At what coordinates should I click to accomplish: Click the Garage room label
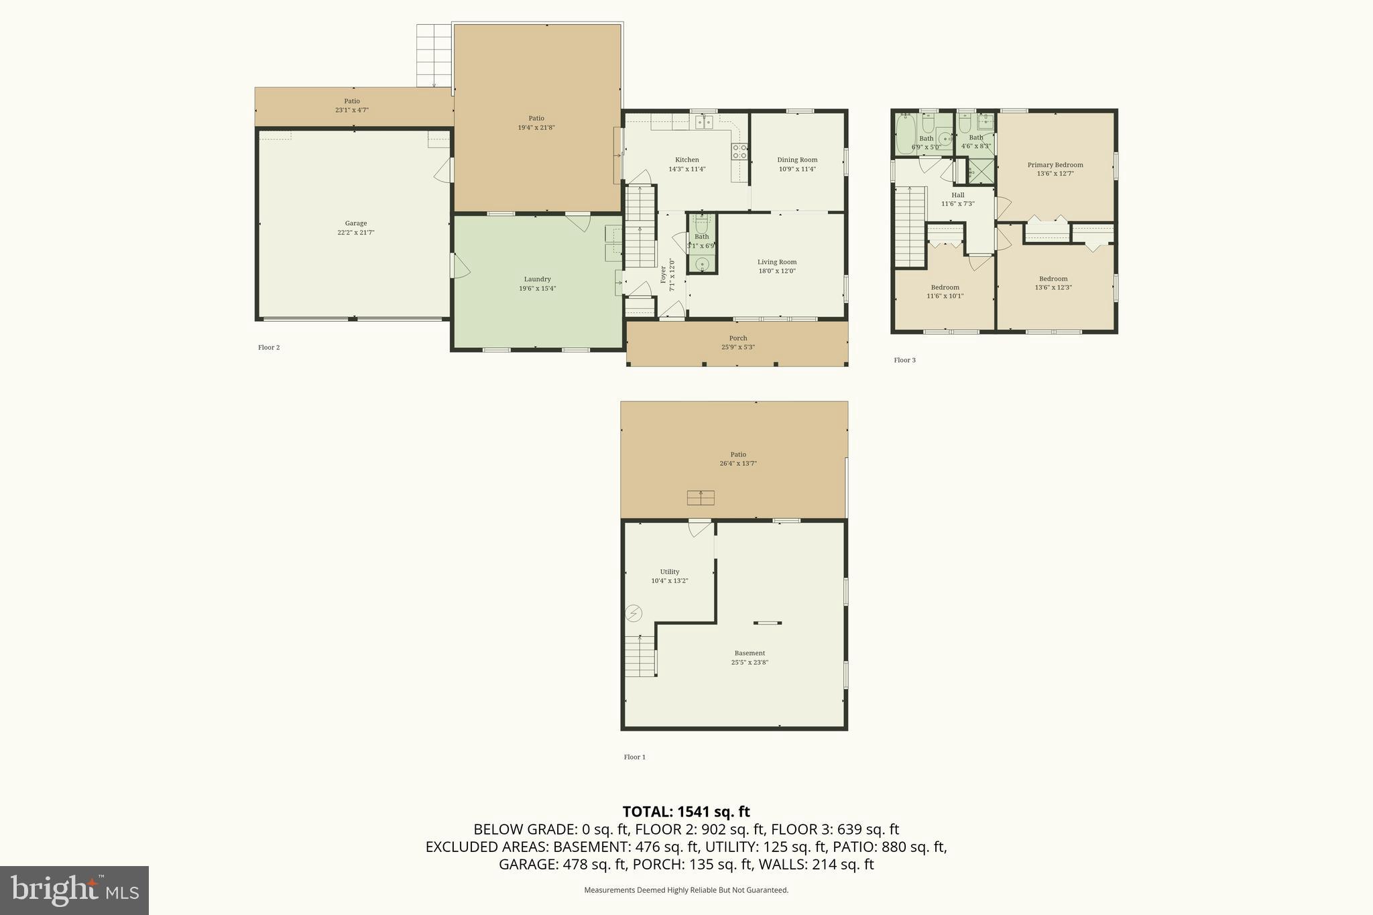(x=355, y=224)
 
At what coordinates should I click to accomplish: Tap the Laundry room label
(x=537, y=280)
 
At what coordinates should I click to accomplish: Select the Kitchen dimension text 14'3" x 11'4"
(x=686, y=169)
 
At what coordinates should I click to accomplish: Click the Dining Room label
(x=797, y=160)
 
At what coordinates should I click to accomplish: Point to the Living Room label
(x=777, y=262)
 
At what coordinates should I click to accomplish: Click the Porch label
(x=737, y=339)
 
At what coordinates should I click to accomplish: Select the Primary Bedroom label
(x=1055, y=165)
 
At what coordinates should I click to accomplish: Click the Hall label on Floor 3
(x=957, y=195)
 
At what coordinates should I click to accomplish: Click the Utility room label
(x=669, y=572)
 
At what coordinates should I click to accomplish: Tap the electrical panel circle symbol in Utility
(x=634, y=613)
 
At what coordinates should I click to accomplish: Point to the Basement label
(x=749, y=653)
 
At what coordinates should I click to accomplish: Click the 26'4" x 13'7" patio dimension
(x=737, y=463)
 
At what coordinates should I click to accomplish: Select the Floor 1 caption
(x=634, y=757)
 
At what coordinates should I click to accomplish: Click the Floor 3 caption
(x=904, y=360)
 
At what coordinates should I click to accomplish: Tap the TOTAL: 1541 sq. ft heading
(x=686, y=812)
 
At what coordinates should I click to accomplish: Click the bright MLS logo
(x=74, y=890)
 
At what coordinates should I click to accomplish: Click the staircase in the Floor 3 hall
(x=910, y=228)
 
